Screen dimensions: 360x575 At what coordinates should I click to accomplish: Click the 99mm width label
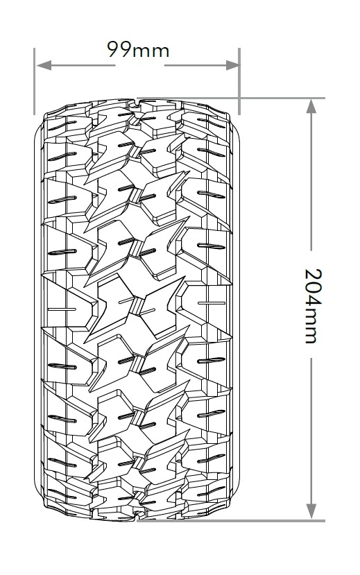(x=138, y=50)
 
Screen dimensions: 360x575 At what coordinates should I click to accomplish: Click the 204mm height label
(x=314, y=306)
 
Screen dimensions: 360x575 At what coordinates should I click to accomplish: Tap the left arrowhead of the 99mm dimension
(x=44, y=66)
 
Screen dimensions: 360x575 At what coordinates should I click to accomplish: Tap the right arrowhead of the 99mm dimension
(x=232, y=66)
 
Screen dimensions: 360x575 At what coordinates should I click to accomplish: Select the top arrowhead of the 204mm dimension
(x=311, y=106)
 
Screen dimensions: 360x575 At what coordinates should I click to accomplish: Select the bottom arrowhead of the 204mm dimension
(x=311, y=511)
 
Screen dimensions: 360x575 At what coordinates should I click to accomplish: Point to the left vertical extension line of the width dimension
(x=34, y=81)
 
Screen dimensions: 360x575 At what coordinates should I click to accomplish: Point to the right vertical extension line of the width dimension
(x=239, y=81)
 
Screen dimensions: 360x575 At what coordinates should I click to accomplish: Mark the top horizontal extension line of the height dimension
(x=231, y=98)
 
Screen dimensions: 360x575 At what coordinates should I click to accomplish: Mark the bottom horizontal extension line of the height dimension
(x=231, y=520)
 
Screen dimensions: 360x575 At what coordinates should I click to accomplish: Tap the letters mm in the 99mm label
(x=151, y=52)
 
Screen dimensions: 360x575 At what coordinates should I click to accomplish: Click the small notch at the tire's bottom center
(x=137, y=515)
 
